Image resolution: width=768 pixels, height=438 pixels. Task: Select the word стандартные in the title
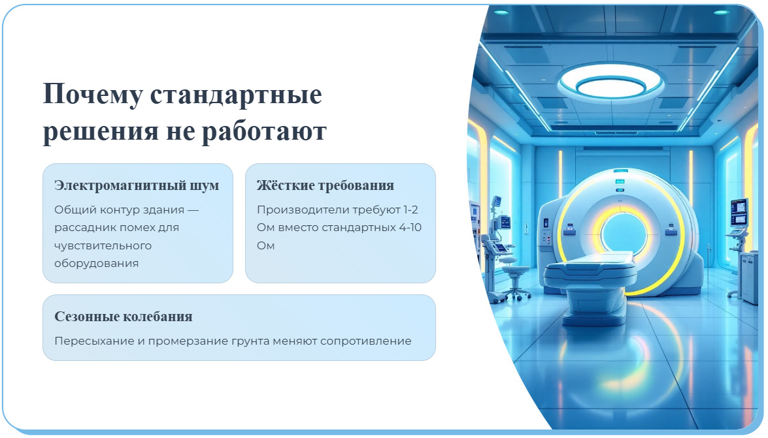click(236, 95)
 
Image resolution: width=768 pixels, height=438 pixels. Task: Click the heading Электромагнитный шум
click(137, 185)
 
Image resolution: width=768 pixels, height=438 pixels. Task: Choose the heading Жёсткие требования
click(326, 185)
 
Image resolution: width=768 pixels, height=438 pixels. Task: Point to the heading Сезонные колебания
click(124, 317)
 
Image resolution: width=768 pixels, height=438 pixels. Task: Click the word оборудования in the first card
click(97, 264)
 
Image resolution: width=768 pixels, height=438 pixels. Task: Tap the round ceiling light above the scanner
click(610, 83)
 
